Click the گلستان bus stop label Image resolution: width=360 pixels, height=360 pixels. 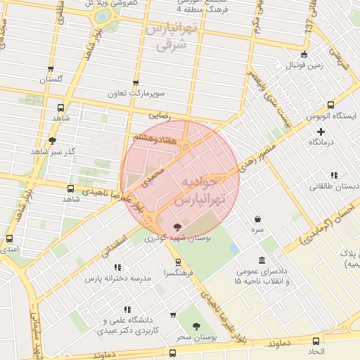pyautogui.click(x=51, y=79)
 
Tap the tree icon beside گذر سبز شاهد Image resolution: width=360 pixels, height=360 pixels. pyautogui.click(x=53, y=141)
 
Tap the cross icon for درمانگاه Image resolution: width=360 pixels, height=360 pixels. pyautogui.click(x=321, y=131)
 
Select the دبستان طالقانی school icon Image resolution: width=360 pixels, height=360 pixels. pyautogui.click(x=333, y=175)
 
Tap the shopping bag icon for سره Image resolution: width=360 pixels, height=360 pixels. pyautogui.click(x=259, y=219)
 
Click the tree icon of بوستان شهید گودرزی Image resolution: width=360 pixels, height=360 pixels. pyautogui.click(x=176, y=226)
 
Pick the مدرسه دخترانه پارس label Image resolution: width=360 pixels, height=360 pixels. pyautogui.click(x=118, y=278)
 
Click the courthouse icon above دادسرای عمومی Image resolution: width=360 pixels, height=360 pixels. pyautogui.click(x=262, y=260)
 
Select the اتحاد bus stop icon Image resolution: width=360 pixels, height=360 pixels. pyautogui.click(x=314, y=339)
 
